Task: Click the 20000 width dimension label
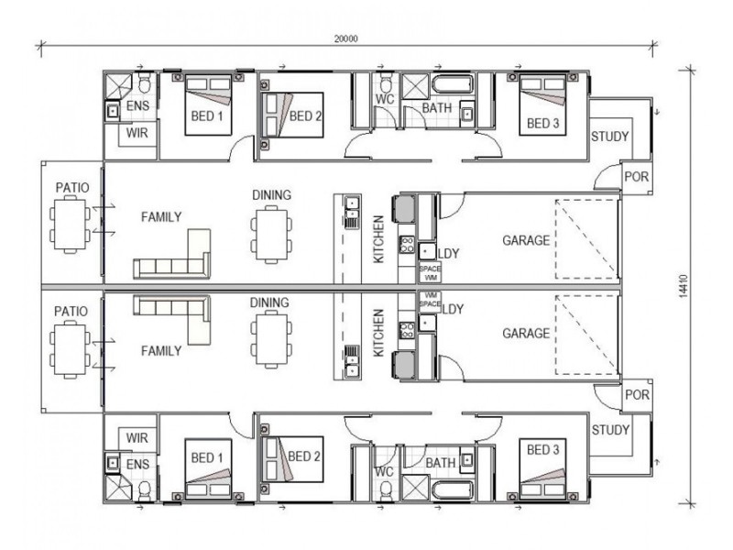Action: pyautogui.click(x=346, y=38)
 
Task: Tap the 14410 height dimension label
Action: pyautogui.click(x=684, y=286)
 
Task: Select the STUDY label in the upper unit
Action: pyautogui.click(x=609, y=137)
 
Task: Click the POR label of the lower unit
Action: pyautogui.click(x=637, y=395)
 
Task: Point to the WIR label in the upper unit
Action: pyautogui.click(x=137, y=133)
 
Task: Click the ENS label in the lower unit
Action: pyautogui.click(x=138, y=465)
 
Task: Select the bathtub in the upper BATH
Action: pyautogui.click(x=452, y=84)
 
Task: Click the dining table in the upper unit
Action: pyautogui.click(x=271, y=234)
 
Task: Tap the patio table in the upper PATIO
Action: pyautogui.click(x=71, y=225)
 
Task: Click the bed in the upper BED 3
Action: pyautogui.click(x=542, y=104)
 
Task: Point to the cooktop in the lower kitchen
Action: pyautogui.click(x=407, y=330)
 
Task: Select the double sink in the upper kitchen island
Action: pyautogui.click(x=351, y=208)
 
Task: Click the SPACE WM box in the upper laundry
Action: pyautogui.click(x=430, y=273)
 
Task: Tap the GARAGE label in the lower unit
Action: pyautogui.click(x=526, y=334)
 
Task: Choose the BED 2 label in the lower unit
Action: pyautogui.click(x=304, y=456)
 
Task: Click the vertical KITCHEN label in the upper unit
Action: pyautogui.click(x=378, y=239)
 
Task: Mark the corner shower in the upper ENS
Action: pyautogui.click(x=118, y=86)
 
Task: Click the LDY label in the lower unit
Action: pyautogui.click(x=453, y=309)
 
